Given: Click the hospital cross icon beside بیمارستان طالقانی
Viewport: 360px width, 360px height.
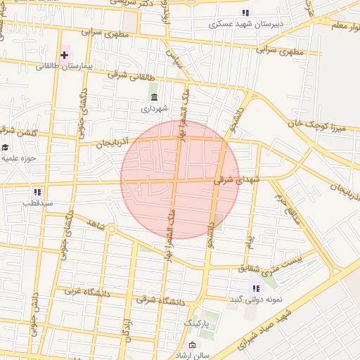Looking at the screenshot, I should (65, 54).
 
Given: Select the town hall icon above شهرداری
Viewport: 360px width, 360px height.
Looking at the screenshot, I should (154, 97).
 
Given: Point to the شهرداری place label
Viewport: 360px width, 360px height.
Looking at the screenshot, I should (154, 109).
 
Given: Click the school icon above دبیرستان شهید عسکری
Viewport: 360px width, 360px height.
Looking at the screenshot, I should (245, 13).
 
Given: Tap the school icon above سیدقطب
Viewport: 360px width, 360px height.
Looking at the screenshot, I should (37, 192).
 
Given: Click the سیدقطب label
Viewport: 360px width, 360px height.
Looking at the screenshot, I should (37, 203).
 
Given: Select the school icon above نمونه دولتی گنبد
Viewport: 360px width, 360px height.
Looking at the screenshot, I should (256, 288).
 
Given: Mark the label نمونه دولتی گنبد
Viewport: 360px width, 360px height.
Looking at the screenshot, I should (256, 300).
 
